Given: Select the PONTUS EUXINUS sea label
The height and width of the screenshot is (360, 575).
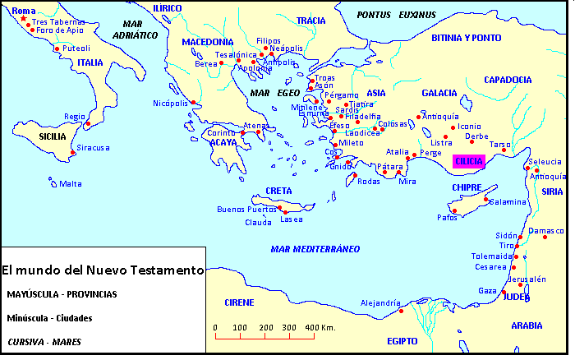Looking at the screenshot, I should point(396,15).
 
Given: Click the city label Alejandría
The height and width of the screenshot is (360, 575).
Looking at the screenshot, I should point(379,302).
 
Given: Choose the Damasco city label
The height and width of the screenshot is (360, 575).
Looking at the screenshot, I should point(548,231).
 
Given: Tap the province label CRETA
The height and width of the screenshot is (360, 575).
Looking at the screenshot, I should point(278,191).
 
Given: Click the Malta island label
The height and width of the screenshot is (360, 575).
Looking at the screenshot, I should point(70,184).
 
